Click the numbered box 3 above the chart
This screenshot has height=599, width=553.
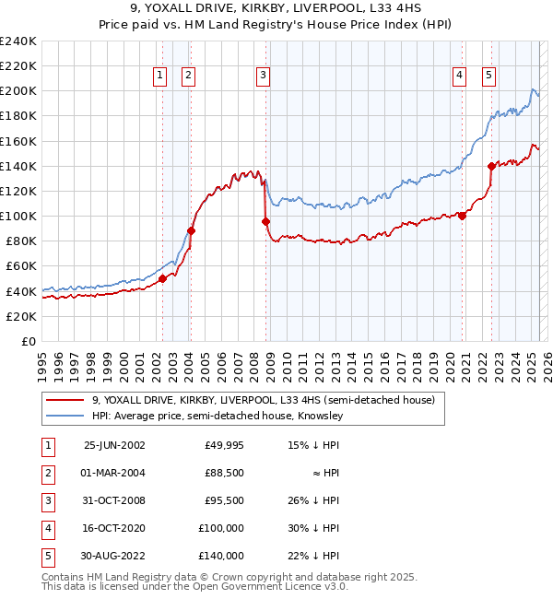263,76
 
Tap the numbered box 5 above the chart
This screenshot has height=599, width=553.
488,76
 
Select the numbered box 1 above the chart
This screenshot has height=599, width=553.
159,76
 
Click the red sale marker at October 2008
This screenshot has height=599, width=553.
266,221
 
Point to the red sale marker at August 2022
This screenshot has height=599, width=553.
491,166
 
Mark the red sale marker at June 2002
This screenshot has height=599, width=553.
163,278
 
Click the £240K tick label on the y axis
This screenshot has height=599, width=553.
18,41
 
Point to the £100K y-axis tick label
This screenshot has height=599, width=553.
18,216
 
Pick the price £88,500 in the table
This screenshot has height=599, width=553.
224,472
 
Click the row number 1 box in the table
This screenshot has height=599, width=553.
46,444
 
